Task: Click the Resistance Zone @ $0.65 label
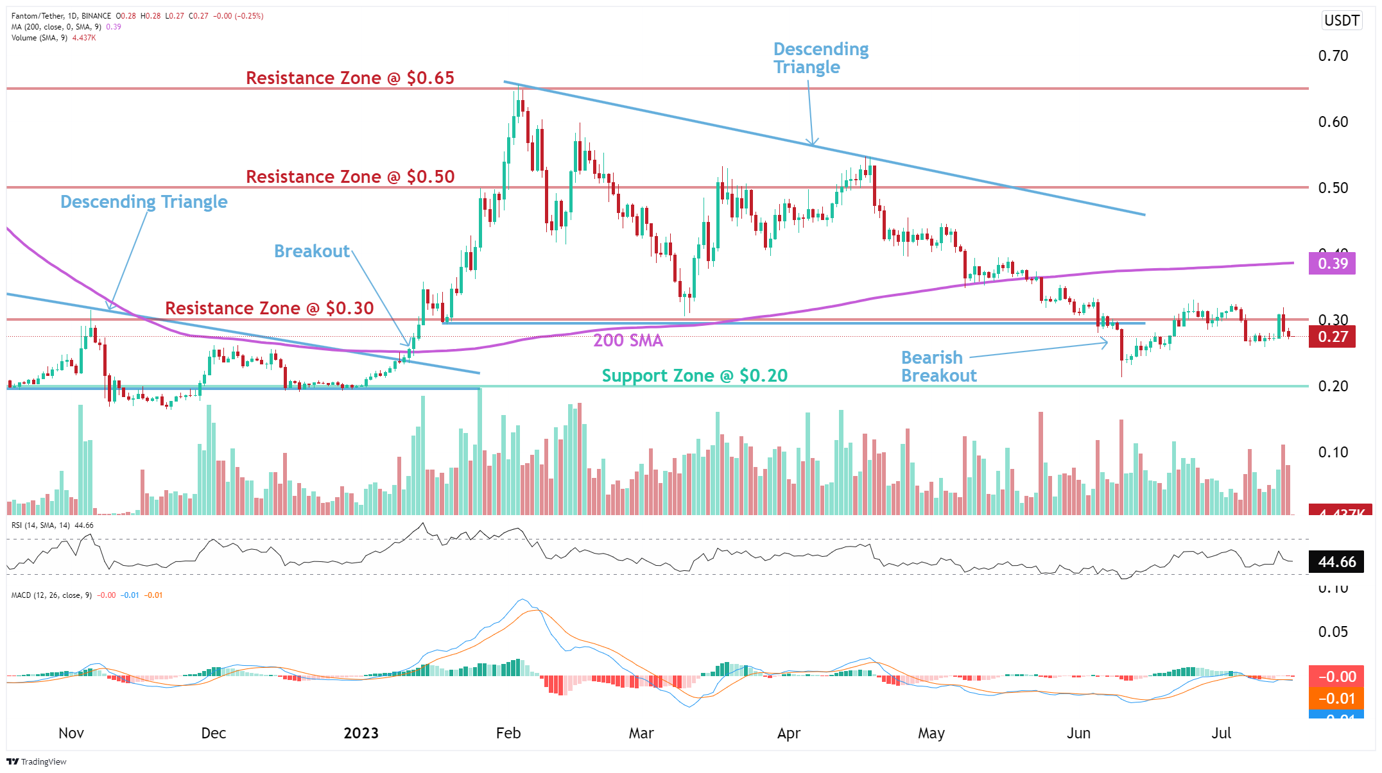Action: [x=350, y=78]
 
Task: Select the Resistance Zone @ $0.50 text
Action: [x=350, y=177]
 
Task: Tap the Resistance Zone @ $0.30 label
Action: [x=270, y=309]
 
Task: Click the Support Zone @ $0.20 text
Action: [x=695, y=376]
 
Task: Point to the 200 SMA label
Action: [x=628, y=341]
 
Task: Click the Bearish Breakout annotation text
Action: [x=938, y=367]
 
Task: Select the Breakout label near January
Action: [x=312, y=251]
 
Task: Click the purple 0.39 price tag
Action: [x=1332, y=264]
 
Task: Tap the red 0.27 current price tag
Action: [x=1332, y=337]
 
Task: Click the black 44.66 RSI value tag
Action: [x=1336, y=563]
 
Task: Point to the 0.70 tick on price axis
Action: [x=1333, y=56]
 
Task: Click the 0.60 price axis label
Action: [x=1333, y=123]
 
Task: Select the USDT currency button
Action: [x=1342, y=21]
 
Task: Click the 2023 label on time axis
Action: [x=361, y=734]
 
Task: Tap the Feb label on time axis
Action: [x=508, y=734]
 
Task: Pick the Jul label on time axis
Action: [x=1221, y=734]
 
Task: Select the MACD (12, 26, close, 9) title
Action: [x=51, y=595]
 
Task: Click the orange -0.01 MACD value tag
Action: [x=1336, y=699]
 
